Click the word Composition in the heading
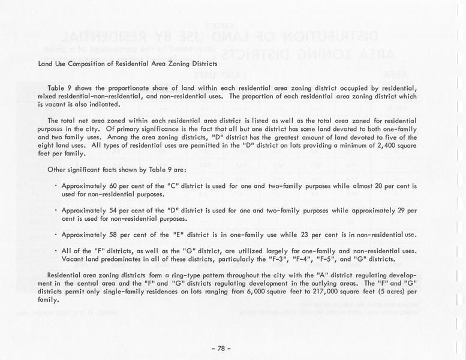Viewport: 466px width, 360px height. pyautogui.click(x=92, y=64)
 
